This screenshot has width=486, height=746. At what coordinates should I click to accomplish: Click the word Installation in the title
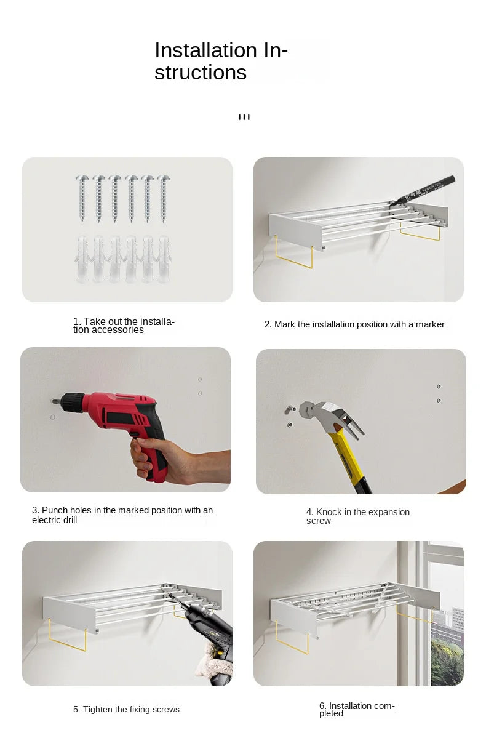205,50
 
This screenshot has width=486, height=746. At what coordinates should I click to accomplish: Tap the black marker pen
423,190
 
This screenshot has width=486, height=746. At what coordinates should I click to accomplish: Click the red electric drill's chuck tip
53,401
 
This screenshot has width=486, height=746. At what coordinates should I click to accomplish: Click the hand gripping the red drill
180,460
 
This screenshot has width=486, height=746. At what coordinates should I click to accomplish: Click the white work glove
213,659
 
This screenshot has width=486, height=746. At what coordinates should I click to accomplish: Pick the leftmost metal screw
82,198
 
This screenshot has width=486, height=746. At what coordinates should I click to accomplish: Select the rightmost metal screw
164,198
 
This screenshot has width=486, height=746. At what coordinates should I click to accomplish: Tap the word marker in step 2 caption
430,324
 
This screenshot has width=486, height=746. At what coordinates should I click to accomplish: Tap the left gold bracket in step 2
293,253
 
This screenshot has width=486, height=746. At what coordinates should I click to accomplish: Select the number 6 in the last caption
322,706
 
